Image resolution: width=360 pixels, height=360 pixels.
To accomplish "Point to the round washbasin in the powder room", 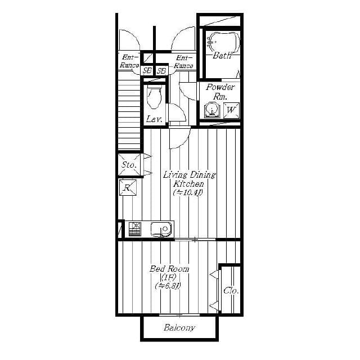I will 212,110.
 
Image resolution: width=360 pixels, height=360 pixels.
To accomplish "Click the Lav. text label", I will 154,119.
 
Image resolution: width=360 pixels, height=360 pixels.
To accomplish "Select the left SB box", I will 147,70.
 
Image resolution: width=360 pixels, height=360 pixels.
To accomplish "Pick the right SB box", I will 161,70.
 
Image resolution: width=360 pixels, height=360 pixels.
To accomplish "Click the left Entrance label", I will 129,61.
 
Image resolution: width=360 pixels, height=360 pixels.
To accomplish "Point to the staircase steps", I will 128,112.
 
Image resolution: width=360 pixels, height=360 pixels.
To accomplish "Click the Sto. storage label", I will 128,165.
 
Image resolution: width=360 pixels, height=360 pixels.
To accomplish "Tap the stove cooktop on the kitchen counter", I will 134,229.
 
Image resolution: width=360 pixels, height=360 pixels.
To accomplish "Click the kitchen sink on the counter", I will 162,229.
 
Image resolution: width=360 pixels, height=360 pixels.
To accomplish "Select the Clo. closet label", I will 231,290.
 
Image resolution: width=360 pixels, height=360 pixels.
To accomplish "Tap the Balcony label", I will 179,328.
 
